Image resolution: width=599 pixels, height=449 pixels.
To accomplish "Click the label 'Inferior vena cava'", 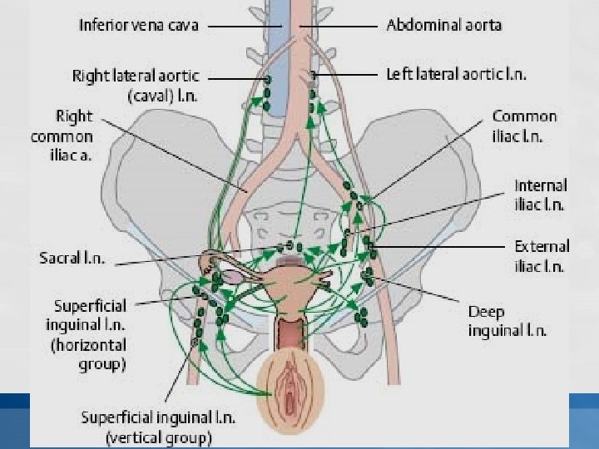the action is coord(139,25).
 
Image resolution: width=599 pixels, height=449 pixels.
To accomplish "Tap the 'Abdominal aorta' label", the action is coord(443,25).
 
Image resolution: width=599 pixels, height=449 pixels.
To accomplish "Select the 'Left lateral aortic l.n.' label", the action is coord(457,74).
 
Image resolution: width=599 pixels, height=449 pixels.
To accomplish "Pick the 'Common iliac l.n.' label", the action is coord(524,125).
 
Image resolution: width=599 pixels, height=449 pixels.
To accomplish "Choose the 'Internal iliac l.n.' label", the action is coord(540,195).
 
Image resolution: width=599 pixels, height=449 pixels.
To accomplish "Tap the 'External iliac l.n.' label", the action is coord(541,256).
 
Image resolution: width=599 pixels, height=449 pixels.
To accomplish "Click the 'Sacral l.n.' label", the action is coord(72,258).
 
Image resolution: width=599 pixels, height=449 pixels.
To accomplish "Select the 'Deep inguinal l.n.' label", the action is coord(507,321).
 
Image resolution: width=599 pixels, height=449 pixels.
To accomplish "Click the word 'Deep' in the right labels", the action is coord(487,312).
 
